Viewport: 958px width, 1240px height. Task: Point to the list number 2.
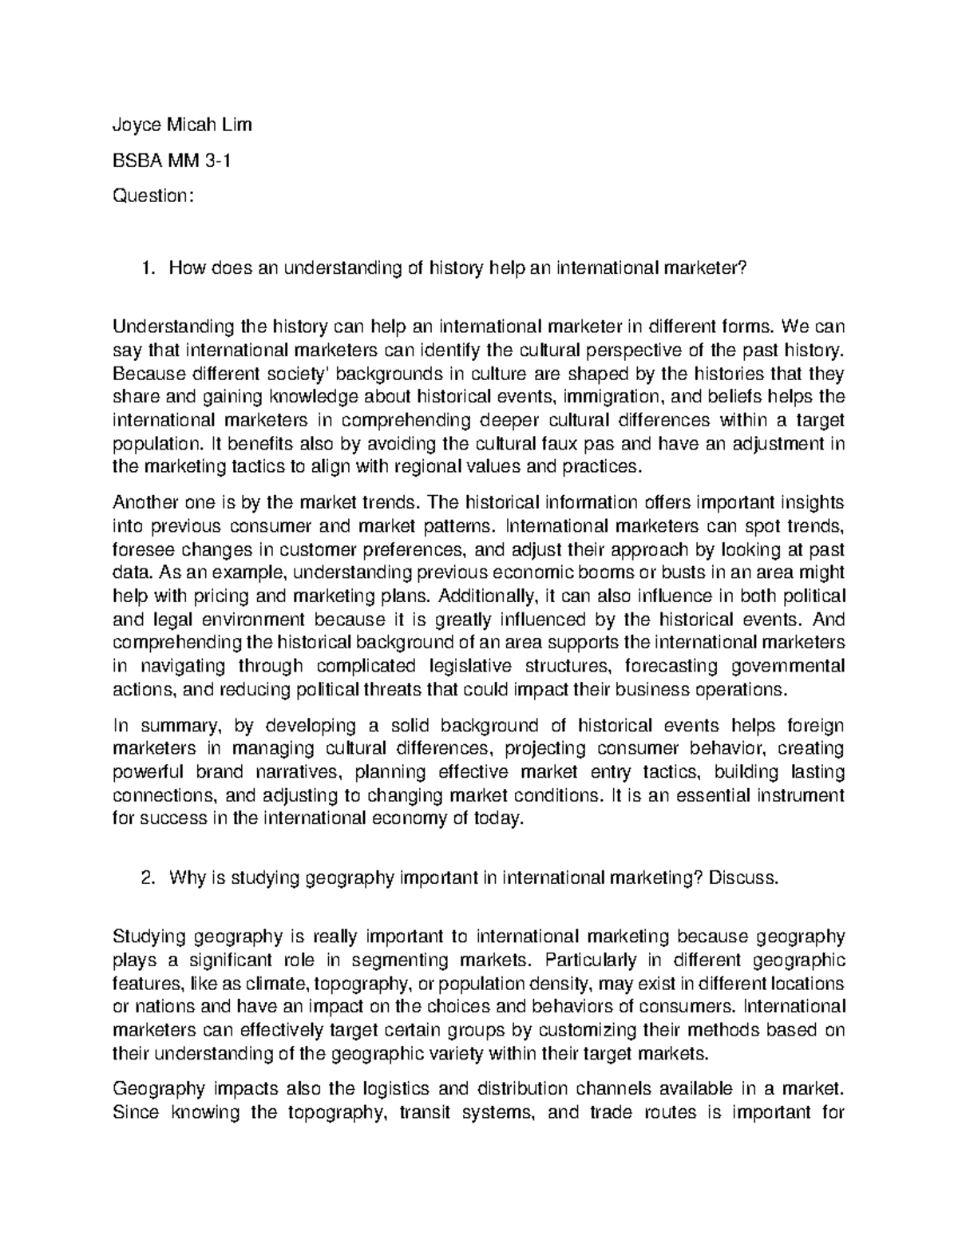point(145,878)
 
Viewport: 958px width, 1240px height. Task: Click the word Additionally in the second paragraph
point(488,596)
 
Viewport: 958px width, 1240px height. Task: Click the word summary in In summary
point(179,725)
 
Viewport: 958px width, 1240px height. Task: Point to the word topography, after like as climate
point(362,983)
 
